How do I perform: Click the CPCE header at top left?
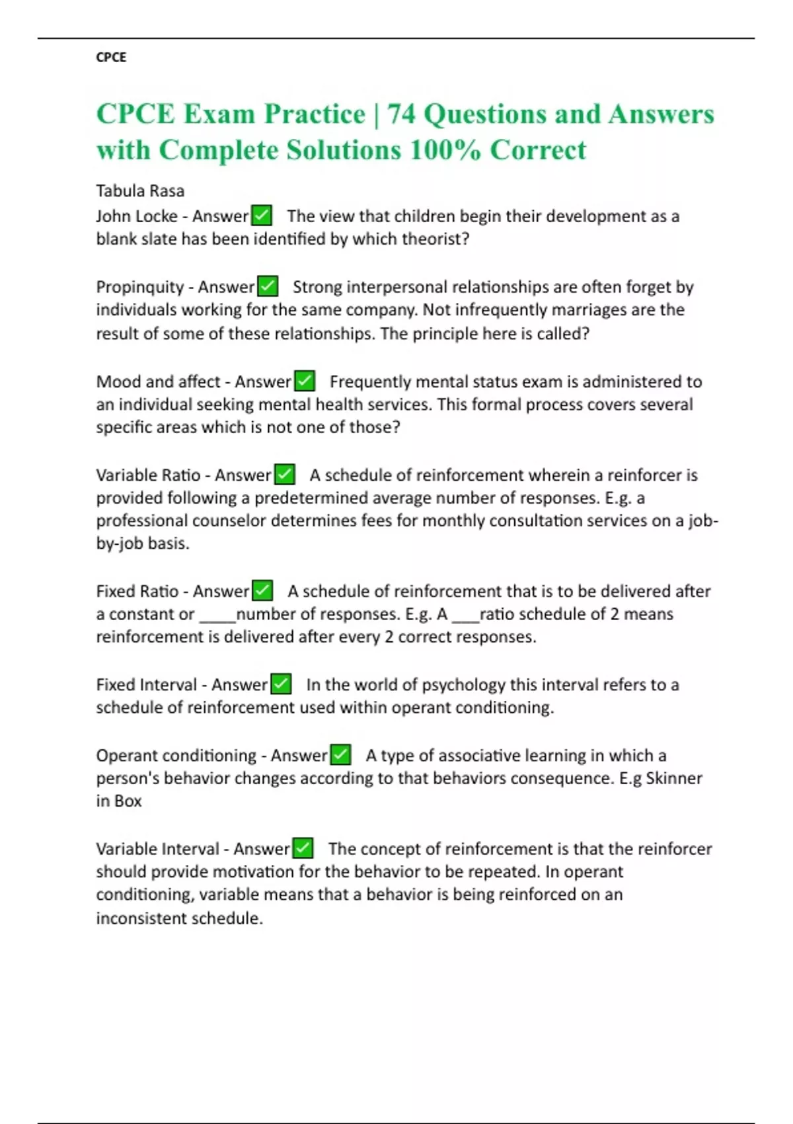[111, 58]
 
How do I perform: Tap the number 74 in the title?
[401, 114]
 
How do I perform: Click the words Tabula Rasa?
[140, 191]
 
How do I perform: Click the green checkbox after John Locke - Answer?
[262, 216]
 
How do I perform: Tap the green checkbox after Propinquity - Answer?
[268, 286]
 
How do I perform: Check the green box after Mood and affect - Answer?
[305, 381]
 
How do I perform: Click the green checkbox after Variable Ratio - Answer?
[285, 475]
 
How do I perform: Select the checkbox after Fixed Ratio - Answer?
[262, 590]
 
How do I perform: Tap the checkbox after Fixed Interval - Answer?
[281, 684]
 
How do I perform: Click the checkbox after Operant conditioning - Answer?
[341, 755]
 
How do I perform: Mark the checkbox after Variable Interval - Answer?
[303, 848]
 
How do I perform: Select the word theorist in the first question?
[436, 239]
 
